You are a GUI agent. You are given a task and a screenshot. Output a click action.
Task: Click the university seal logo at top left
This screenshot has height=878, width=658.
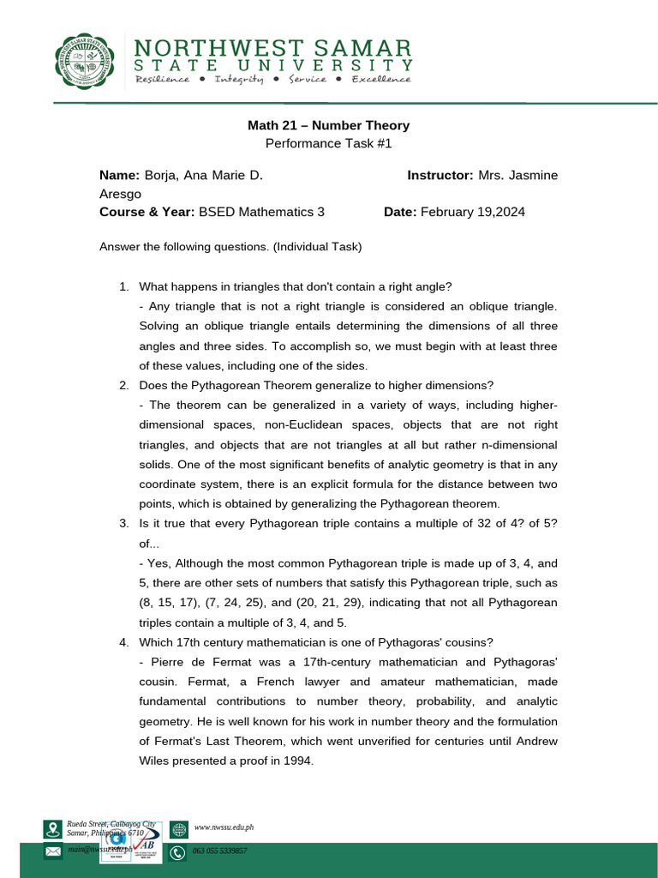[83, 61]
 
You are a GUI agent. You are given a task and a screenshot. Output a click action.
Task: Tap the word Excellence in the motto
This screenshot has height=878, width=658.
[380, 79]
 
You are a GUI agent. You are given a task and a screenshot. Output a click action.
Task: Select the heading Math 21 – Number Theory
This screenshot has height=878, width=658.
[328, 125]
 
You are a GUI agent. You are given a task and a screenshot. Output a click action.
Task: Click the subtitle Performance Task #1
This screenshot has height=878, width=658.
[328, 144]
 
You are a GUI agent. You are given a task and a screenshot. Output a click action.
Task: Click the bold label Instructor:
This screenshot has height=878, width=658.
[440, 175]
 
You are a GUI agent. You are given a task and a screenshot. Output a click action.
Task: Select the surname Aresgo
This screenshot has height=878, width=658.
[120, 194]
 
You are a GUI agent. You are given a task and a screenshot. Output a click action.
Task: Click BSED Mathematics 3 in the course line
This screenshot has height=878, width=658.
[261, 212]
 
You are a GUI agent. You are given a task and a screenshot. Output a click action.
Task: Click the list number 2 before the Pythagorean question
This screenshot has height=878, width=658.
[123, 385]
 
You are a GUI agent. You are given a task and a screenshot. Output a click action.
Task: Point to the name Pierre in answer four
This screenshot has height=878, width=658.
[168, 662]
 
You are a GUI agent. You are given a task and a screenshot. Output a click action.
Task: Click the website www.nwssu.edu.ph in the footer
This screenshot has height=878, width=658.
[224, 827]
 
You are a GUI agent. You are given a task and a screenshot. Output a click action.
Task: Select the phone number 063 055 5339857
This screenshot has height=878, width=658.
[220, 851]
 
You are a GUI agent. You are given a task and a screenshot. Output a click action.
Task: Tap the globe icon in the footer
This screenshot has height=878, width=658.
[178, 828]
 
